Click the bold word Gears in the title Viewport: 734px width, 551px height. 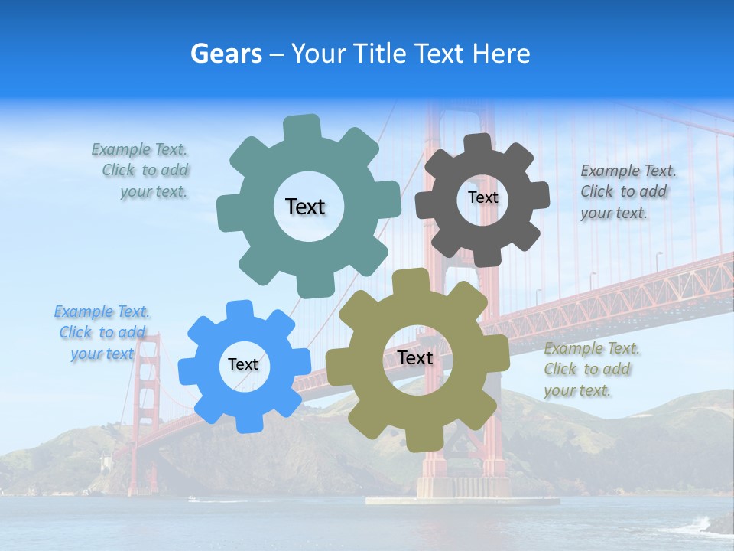pos(226,54)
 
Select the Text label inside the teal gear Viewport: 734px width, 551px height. pos(305,207)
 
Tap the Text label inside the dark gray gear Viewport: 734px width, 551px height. pos(482,197)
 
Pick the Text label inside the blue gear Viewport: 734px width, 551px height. pos(243,365)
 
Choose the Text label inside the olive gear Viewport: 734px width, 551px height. pos(414,358)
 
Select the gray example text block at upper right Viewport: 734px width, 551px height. pos(627,192)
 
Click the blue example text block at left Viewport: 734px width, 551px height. pos(102,333)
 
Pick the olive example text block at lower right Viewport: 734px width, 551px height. pos(590,370)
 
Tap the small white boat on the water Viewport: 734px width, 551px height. pos(192,499)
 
